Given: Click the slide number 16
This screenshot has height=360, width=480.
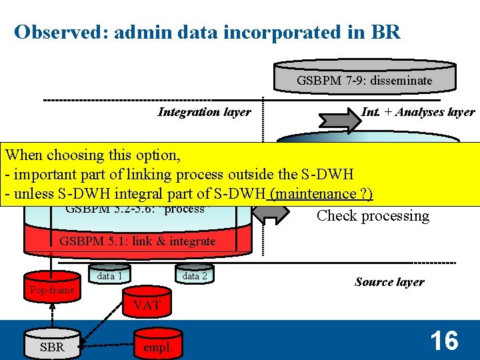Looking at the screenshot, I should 444,341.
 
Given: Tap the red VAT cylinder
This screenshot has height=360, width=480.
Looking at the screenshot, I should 147,305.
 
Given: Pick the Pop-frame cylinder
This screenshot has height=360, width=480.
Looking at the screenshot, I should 51,289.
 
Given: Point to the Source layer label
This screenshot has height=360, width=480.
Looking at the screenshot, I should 389,282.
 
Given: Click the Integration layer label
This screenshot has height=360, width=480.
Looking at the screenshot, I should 204,112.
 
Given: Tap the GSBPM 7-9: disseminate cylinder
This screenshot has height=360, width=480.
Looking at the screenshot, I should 365,80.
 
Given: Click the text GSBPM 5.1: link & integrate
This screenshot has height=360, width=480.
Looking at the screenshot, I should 138,241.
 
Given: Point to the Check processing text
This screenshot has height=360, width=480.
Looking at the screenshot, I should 373,215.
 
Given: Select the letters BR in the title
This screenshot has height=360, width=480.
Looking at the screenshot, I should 386,32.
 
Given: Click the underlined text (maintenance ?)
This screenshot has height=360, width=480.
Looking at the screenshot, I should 320,194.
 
